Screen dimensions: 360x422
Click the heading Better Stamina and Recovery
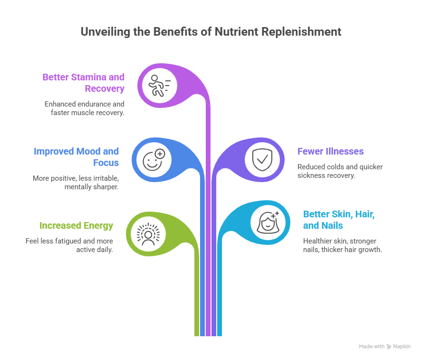(84, 83)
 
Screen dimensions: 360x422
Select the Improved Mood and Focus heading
(76, 157)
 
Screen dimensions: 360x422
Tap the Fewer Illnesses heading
(330, 152)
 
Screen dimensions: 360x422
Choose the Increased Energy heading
(76, 225)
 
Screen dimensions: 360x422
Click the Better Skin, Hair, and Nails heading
(339, 220)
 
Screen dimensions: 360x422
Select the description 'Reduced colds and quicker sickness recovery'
(339, 171)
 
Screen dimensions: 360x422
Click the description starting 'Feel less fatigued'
(69, 245)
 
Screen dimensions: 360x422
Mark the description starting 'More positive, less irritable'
(76, 182)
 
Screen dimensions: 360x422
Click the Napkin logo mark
(389, 347)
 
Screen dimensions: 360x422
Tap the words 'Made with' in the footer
(372, 347)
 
